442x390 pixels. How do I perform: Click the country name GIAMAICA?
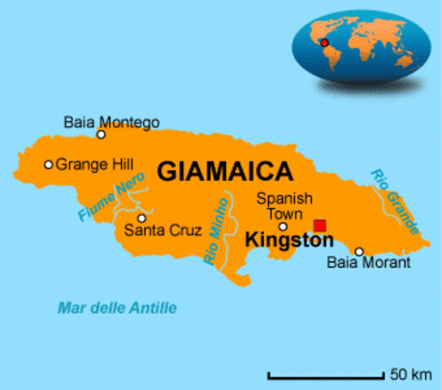tap(224, 171)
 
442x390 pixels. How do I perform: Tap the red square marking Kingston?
tap(320, 225)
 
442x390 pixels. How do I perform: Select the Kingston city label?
tap(288, 241)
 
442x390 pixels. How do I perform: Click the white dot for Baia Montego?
tap(102, 135)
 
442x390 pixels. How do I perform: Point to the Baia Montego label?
tap(111, 122)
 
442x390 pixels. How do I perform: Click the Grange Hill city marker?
tap(49, 164)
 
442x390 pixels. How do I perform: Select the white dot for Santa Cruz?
tap(141, 218)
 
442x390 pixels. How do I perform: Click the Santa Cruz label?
tap(162, 231)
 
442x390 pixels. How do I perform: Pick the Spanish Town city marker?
tap(283, 226)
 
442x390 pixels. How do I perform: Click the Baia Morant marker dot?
tap(359, 251)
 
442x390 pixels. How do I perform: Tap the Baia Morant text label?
tap(368, 263)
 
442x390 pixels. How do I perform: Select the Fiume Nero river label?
tap(111, 196)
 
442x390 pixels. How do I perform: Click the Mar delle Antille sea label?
tap(117, 308)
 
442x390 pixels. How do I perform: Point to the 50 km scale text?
tap(410, 375)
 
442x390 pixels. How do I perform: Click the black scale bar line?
tap(326, 376)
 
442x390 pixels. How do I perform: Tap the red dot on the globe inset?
tap(323, 42)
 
